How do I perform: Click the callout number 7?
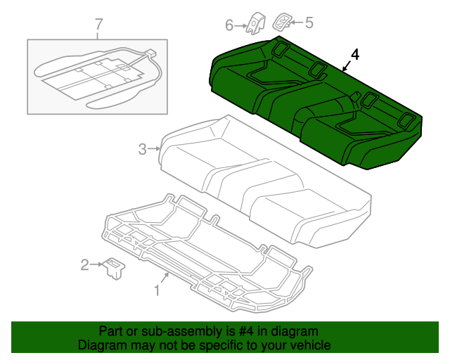pyautogui.click(x=98, y=25)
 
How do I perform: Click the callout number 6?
pyautogui.click(x=229, y=26)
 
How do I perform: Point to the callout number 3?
pyautogui.click(x=142, y=148)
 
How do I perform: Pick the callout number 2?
pyautogui.click(x=85, y=264)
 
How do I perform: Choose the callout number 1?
pyautogui.click(x=157, y=289)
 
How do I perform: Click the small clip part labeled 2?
pyautogui.click(x=112, y=268)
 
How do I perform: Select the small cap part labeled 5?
pyautogui.click(x=283, y=20)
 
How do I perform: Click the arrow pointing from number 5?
pyautogui.click(x=297, y=22)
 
